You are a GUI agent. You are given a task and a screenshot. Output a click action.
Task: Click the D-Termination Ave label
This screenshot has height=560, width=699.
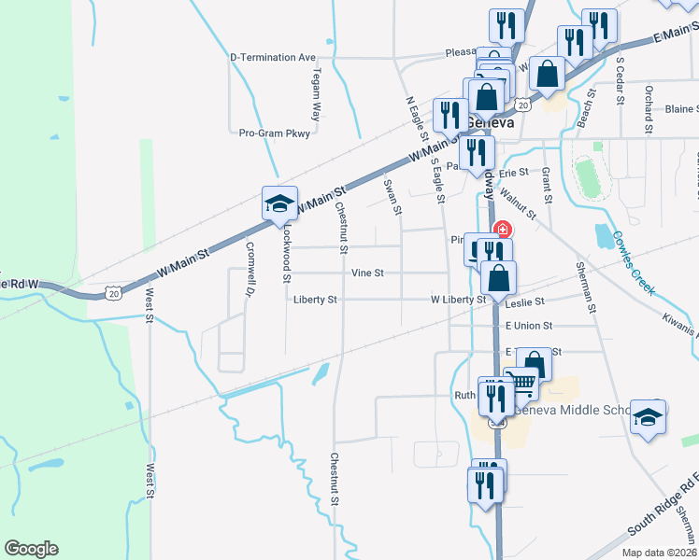coord(273,57)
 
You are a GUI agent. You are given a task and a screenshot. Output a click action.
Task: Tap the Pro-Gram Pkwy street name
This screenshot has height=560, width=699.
coord(274,133)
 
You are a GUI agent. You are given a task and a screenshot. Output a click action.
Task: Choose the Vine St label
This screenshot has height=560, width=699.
coord(367,273)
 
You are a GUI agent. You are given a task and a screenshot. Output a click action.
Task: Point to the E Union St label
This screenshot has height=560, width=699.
coord(529,326)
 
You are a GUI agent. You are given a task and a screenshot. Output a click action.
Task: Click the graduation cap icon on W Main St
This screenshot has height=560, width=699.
coord(278,204)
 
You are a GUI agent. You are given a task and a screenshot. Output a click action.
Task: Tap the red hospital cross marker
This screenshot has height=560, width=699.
coord(503,229)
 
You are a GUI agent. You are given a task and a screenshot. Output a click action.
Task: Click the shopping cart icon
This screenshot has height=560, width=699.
coord(521,382)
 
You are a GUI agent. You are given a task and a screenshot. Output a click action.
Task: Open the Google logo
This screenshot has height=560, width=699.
coord(31,549)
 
